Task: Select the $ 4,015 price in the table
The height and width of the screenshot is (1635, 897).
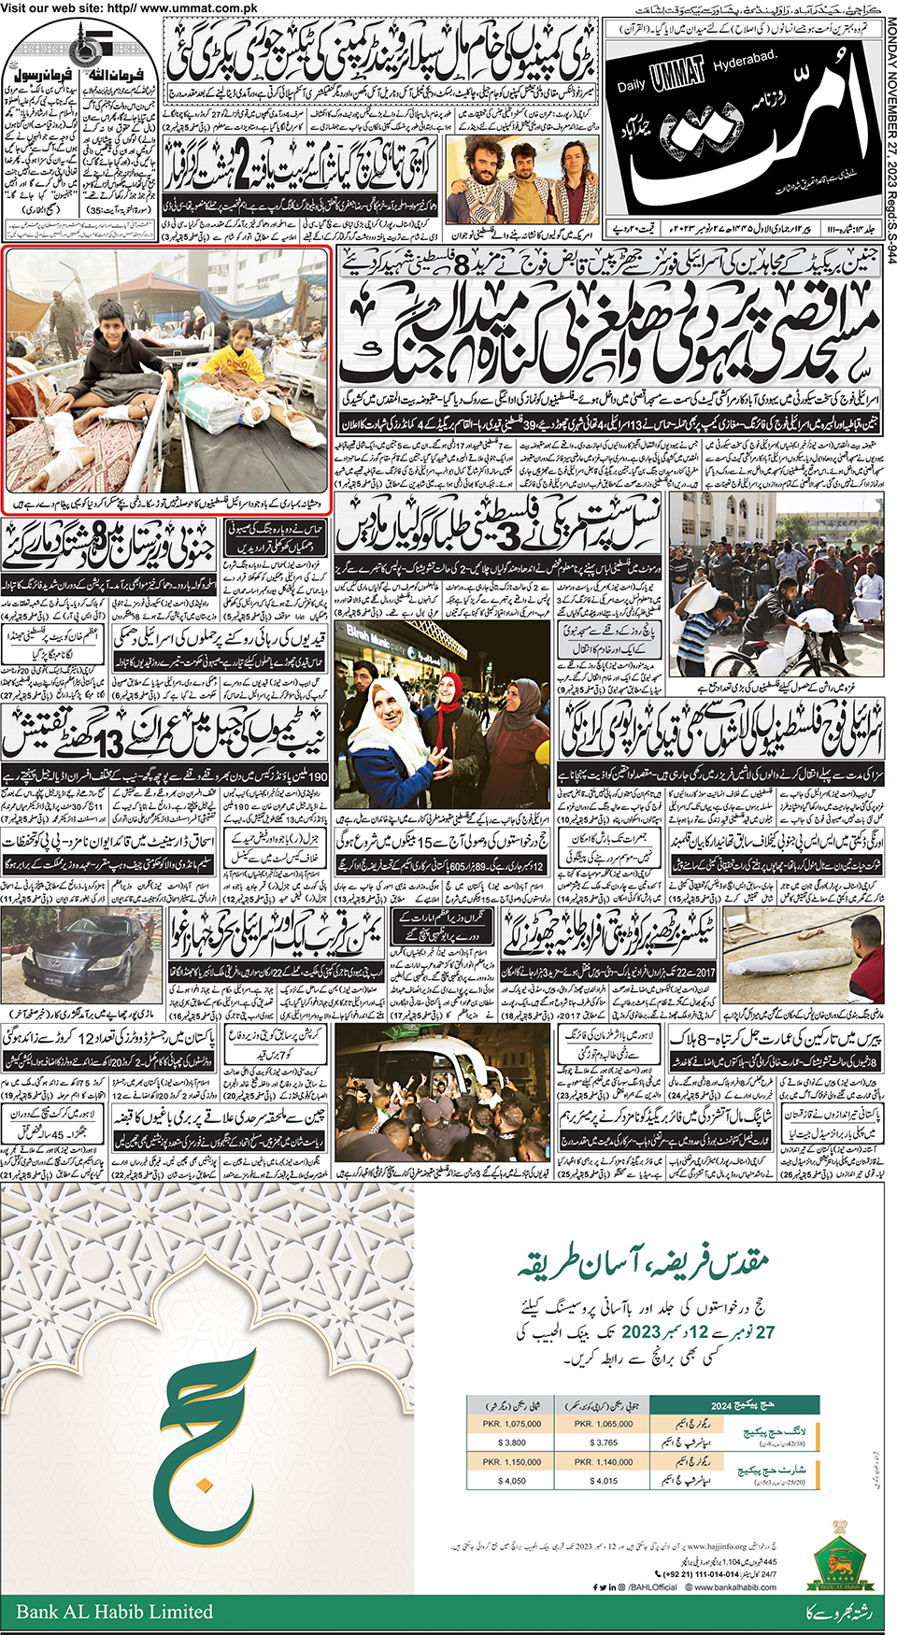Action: pyautogui.click(x=604, y=1481)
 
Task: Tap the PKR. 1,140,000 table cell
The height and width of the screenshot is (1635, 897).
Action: pyautogui.click(x=604, y=1461)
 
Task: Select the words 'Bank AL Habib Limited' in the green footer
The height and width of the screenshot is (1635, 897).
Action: pyautogui.click(x=114, y=1612)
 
